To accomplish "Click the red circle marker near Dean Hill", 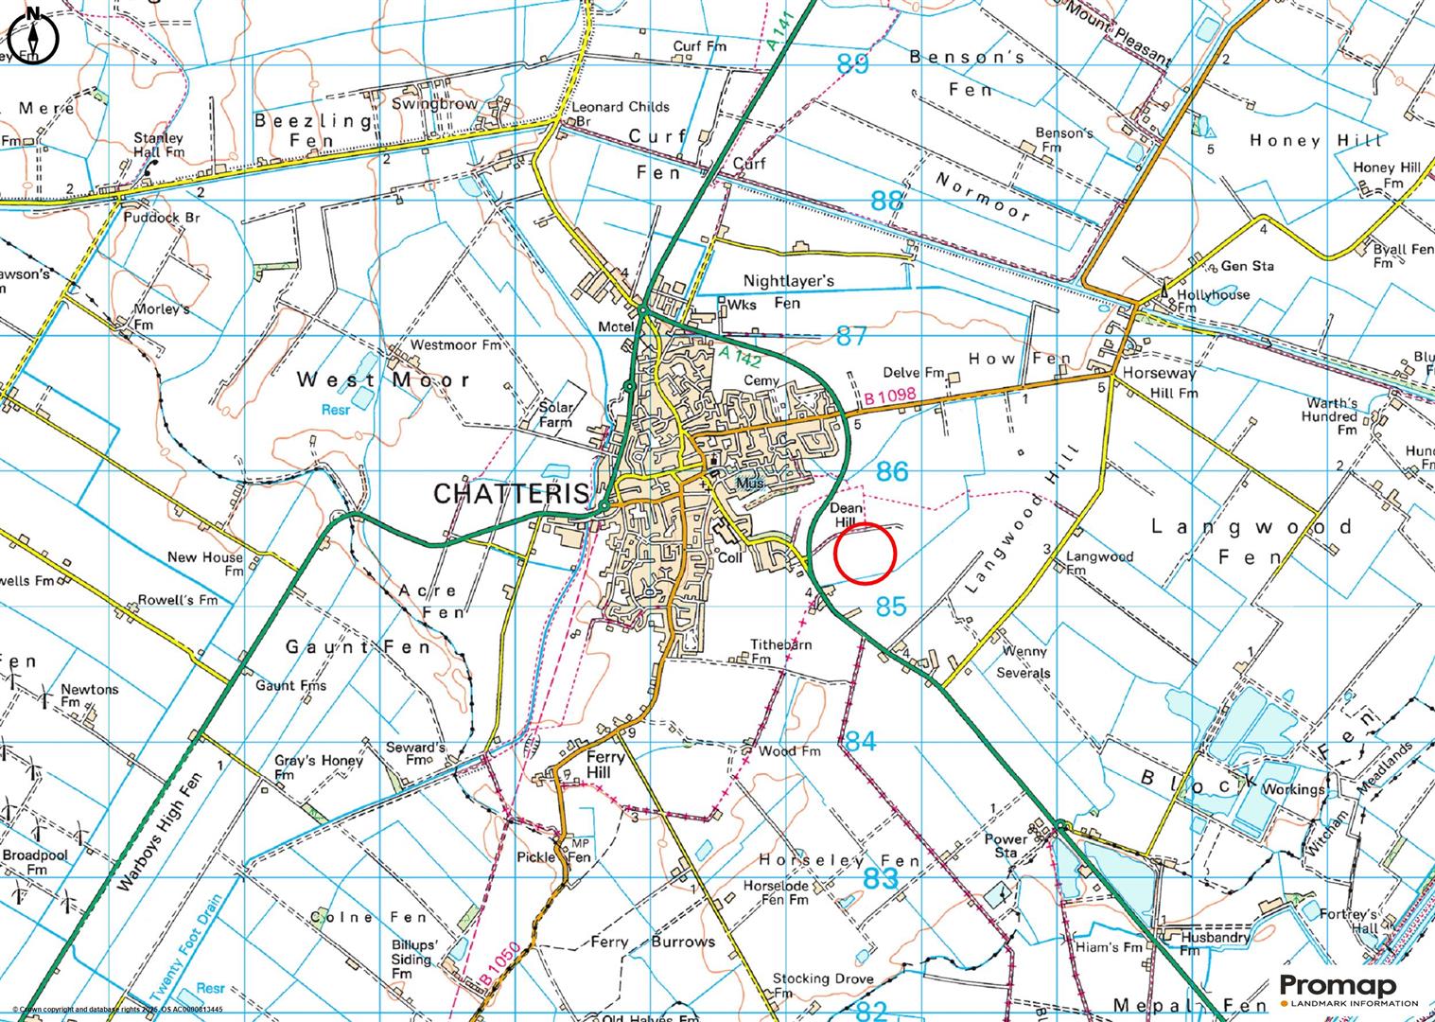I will tap(865, 554).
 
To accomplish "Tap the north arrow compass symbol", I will tap(33, 36).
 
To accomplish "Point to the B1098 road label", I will tap(889, 400).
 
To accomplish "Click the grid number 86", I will tap(891, 471).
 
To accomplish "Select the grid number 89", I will tap(852, 64).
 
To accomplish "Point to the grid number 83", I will tap(880, 878).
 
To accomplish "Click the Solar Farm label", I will tap(556, 414).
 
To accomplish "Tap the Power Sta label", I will tap(1006, 846).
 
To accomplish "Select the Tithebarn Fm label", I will tap(781, 651).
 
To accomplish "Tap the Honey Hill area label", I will tap(1316, 140).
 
